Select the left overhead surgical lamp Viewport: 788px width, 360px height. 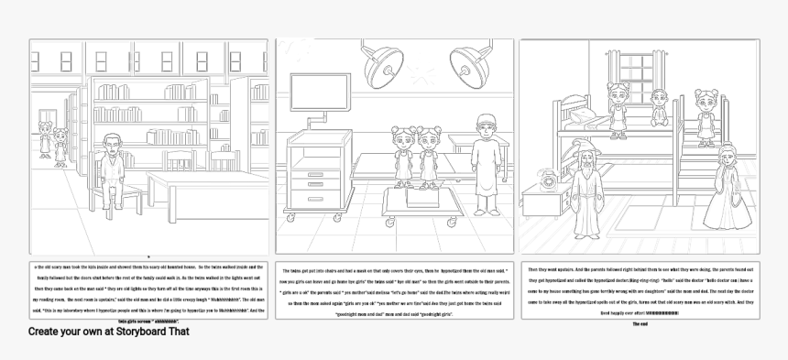pyautogui.click(x=379, y=63)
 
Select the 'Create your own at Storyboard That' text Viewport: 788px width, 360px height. pyautogui.click(x=108, y=332)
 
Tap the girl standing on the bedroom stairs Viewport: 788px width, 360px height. pyautogui.click(x=704, y=117)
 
